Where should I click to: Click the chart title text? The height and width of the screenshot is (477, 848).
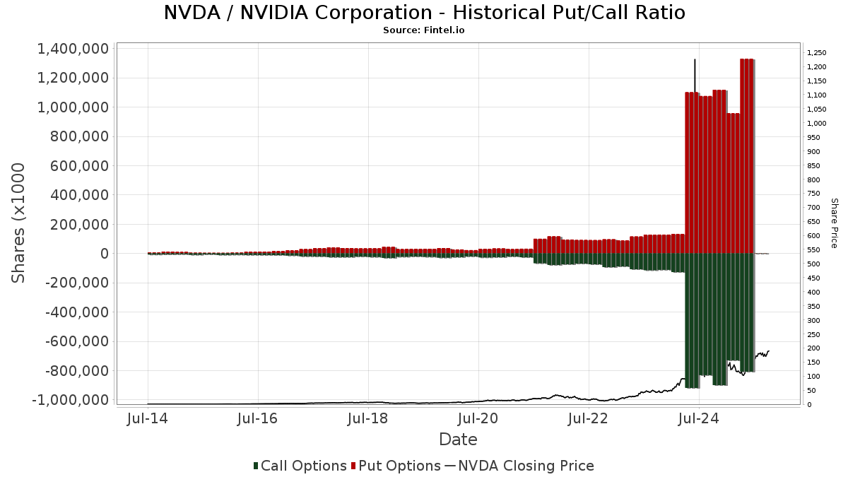coord(424,13)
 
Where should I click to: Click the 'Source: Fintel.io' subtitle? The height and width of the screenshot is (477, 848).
coord(424,30)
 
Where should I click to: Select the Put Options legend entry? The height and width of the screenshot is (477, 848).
coord(399,466)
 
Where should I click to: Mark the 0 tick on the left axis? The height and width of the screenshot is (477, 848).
coord(103,254)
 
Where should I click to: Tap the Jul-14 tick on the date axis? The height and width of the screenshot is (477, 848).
coord(148,418)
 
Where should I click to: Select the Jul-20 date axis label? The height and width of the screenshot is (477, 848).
coord(478,418)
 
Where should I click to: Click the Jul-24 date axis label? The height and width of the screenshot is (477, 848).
coord(698,418)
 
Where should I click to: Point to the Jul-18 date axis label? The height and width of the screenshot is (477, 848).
coord(368,418)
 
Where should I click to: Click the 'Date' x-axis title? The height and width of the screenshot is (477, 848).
coord(458,440)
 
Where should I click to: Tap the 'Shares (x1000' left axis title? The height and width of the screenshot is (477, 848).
coord(19,223)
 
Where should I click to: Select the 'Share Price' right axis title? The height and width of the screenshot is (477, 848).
coord(834,223)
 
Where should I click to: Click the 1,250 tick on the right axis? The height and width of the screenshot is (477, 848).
coord(816,53)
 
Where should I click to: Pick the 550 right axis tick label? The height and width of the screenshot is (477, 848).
coord(813,250)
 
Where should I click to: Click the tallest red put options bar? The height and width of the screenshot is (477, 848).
coord(747,155)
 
